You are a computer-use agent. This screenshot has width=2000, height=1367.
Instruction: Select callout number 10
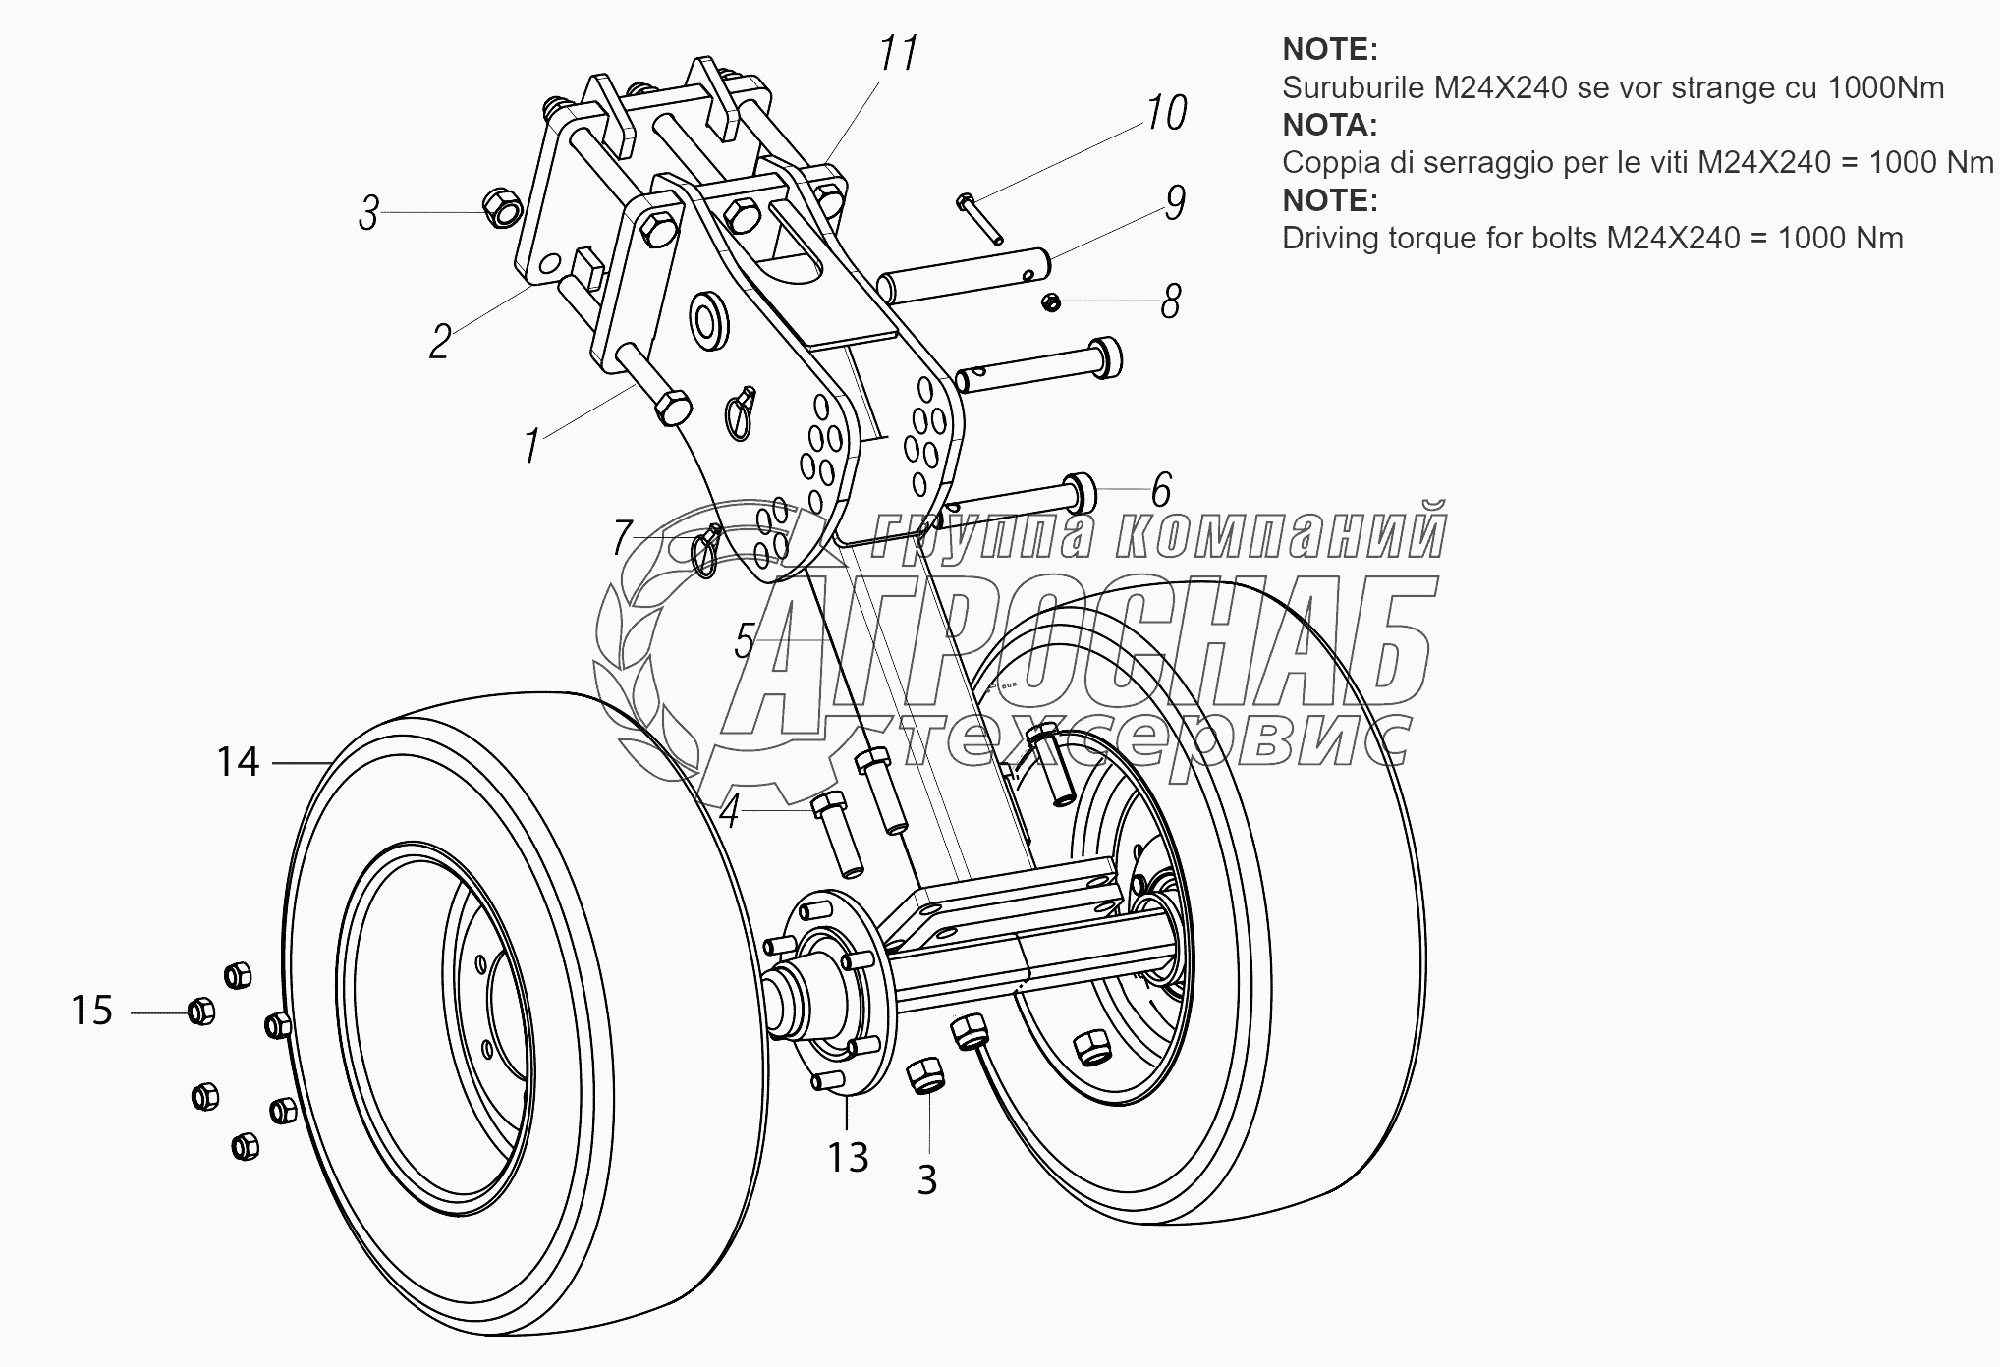point(1166,113)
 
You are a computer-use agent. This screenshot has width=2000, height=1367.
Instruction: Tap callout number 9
point(1175,202)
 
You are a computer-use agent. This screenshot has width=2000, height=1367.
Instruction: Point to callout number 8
point(1170,301)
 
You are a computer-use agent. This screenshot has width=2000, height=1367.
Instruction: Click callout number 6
point(1161,489)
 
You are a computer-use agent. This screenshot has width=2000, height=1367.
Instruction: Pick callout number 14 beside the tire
point(238,761)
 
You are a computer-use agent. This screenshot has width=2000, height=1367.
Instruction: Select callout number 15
point(92,1011)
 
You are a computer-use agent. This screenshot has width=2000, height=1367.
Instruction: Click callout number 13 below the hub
point(848,1158)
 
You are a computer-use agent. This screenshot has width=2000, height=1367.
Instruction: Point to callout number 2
point(439,342)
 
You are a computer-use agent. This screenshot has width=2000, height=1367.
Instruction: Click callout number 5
point(745,641)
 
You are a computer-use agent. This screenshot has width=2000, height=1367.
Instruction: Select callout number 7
point(622,538)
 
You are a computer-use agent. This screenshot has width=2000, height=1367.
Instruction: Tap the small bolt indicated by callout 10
point(978,218)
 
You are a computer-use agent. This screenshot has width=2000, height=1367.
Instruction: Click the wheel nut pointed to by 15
point(200,1011)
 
